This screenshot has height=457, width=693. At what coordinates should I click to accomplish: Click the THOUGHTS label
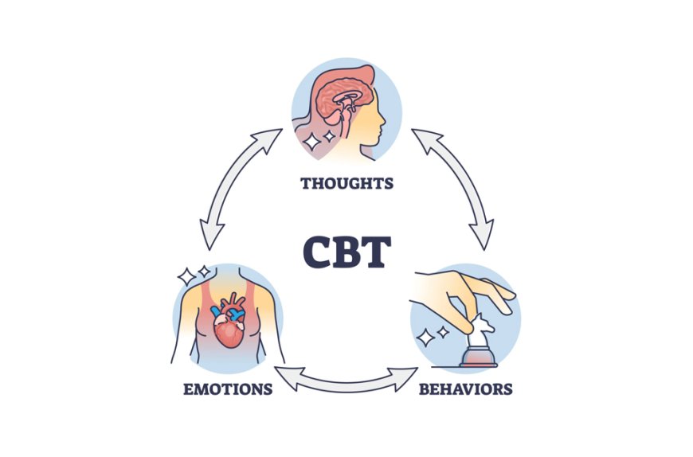point(346,183)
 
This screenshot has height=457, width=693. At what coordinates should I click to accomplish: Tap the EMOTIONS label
point(227,389)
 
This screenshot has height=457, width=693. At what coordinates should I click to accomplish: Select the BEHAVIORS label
point(465,389)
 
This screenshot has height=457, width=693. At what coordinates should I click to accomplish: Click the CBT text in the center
point(346,252)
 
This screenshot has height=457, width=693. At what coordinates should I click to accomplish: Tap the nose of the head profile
point(386,120)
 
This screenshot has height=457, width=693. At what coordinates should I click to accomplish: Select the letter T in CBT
point(377,252)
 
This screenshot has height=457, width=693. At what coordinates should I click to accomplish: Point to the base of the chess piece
point(479,360)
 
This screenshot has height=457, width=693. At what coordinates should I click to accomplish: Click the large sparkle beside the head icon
point(310,142)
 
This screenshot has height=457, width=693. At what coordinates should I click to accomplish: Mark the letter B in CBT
point(347,252)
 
